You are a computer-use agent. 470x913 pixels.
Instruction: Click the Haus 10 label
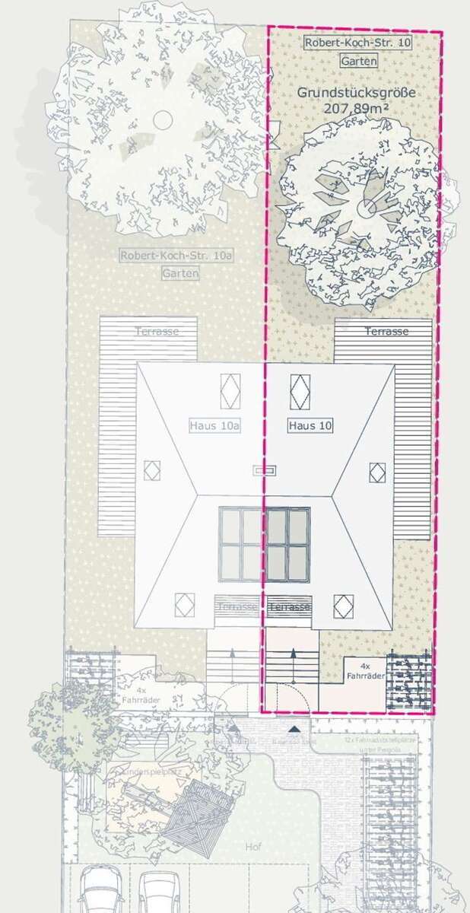pos(311,425)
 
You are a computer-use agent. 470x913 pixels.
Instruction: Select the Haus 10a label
pos(214,425)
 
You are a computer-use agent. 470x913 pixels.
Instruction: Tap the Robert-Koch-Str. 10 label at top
pos(357,43)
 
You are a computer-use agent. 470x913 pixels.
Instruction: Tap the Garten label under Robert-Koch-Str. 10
pos(358,60)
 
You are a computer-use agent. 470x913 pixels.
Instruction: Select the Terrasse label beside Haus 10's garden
pos(386,331)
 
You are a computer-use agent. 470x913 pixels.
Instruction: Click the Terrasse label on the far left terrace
pos(157,331)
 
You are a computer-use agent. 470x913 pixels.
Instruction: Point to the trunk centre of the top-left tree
pos(163,119)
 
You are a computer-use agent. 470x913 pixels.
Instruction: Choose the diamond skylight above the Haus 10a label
pos(230,391)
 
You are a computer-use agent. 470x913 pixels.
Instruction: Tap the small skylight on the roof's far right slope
pos(377,472)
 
